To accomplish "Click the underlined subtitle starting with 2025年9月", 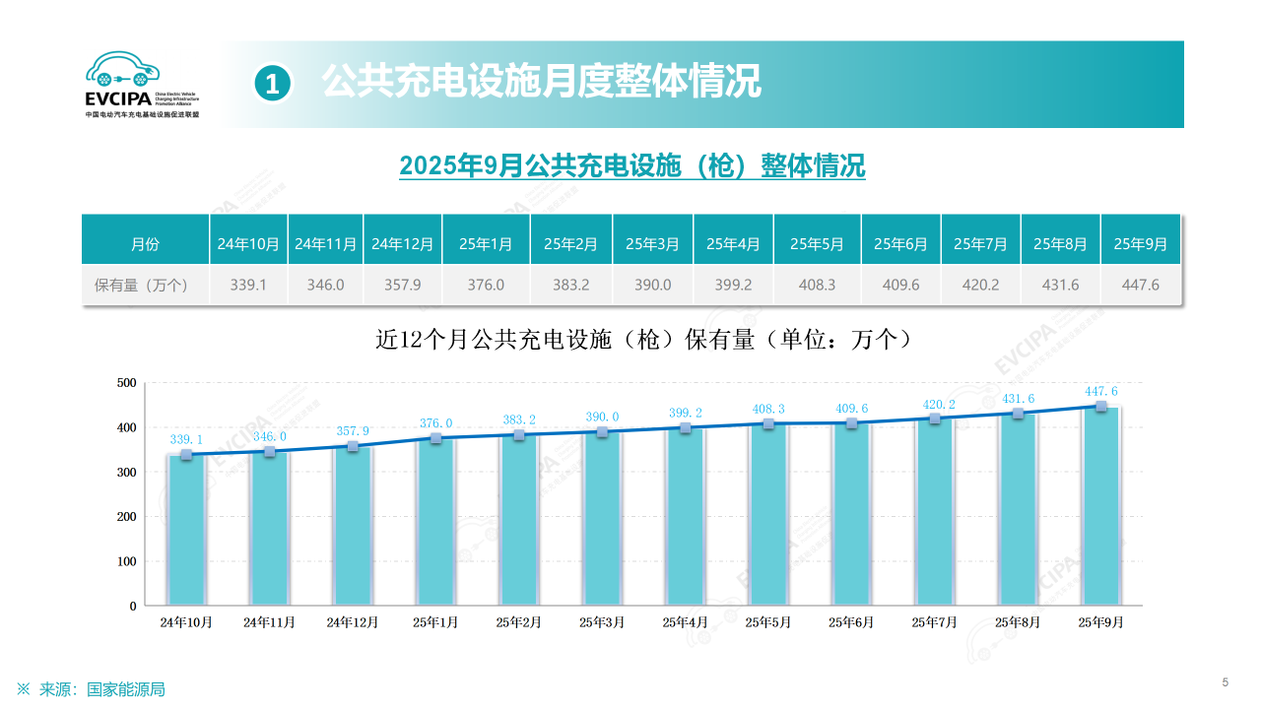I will (631, 165).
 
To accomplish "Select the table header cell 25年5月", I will (817, 243).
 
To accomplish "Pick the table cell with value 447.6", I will (1140, 285).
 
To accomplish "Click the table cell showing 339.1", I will (248, 285).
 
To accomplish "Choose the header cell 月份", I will (145, 243).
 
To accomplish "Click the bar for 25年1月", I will (435, 522).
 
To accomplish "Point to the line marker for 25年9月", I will (1101, 406).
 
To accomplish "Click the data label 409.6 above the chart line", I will (851, 408).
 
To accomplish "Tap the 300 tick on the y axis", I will (126, 472).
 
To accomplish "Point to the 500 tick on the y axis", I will (126, 382).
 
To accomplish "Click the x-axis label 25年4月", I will (685, 621).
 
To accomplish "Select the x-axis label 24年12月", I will (353, 621).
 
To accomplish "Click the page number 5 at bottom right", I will (1225, 682).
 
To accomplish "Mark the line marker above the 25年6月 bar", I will (851, 423).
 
